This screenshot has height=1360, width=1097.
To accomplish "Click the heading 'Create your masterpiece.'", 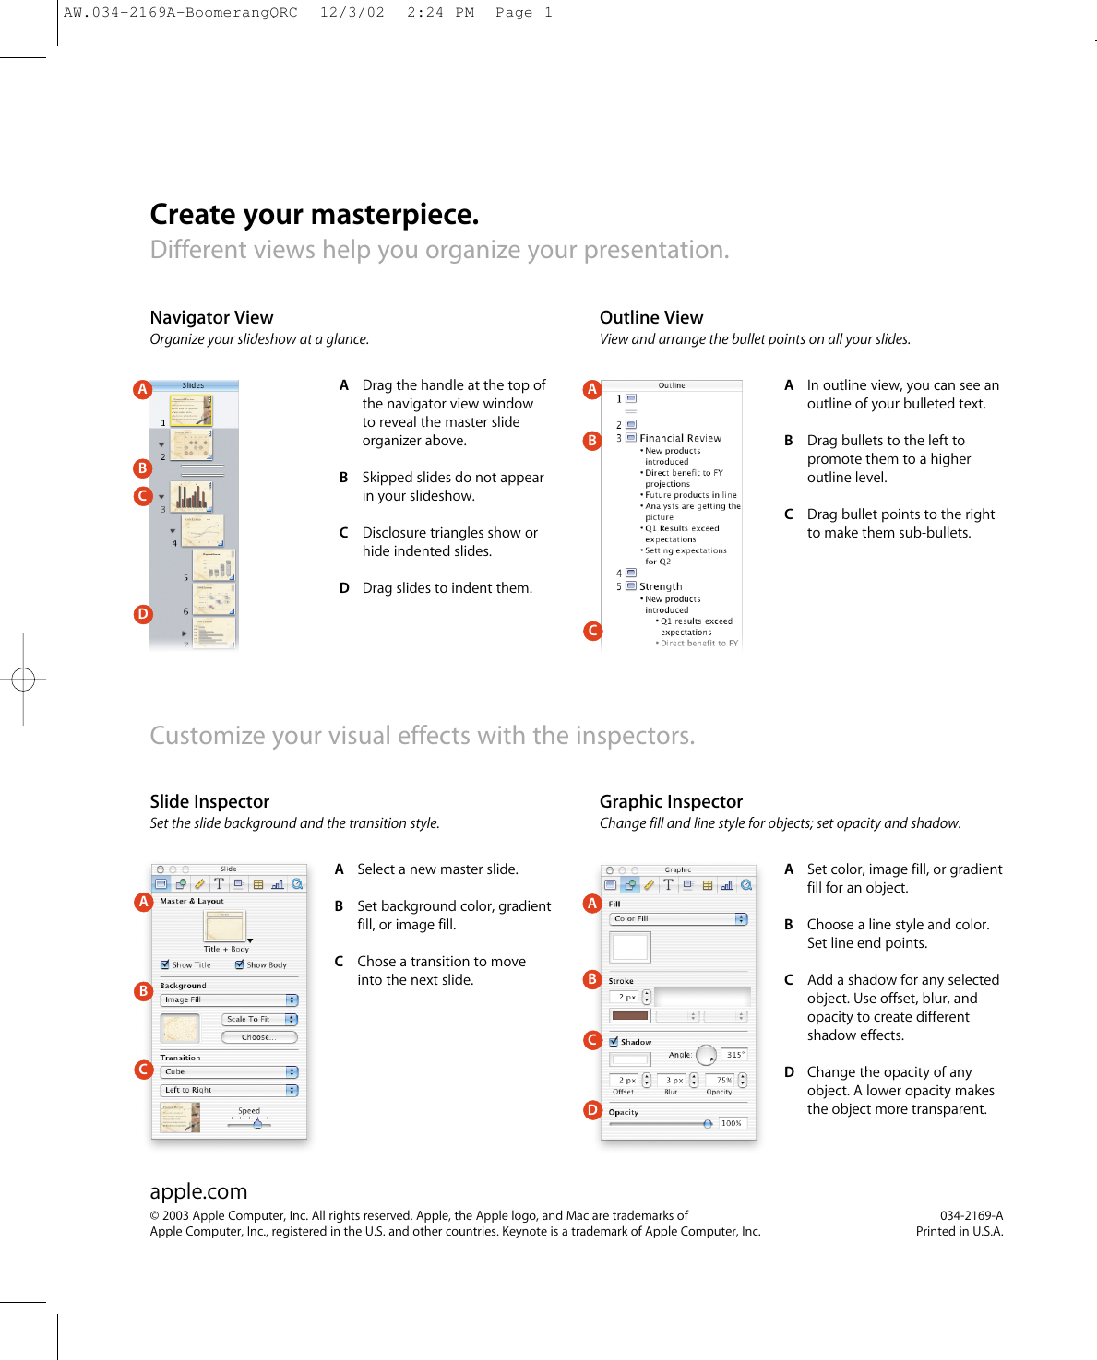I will click(315, 215).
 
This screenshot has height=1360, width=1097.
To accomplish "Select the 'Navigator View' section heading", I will click(211, 318).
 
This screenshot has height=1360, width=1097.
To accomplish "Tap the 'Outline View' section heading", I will click(651, 318).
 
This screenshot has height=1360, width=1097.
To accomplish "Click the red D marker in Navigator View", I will click(142, 614).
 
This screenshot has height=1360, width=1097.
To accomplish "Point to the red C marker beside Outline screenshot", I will click(592, 631).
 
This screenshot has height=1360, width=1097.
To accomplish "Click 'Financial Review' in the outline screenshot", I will click(680, 438).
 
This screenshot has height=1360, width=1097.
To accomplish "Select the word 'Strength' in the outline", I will click(661, 586).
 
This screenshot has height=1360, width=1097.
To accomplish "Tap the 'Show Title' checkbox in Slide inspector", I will click(165, 964).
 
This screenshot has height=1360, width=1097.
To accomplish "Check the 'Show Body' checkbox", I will click(240, 964).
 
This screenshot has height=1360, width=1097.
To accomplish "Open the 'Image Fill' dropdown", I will click(230, 999).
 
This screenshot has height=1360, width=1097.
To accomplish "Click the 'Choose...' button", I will click(259, 1037).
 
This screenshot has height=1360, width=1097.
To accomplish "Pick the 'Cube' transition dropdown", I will click(230, 1071).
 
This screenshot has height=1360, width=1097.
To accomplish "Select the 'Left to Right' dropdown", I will click(230, 1090).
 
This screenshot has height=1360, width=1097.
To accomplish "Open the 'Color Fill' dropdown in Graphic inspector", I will click(678, 918).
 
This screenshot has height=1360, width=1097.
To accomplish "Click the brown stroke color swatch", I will click(630, 1016).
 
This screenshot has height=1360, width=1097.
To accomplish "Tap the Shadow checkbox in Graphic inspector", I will click(614, 1042).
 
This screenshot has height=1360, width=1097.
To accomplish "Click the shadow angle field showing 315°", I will click(734, 1055).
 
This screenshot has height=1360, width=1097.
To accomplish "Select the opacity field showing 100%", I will click(732, 1123).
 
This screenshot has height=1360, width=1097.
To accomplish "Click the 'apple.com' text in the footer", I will click(198, 1191).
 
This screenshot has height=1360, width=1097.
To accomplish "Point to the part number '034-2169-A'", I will click(971, 1215).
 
